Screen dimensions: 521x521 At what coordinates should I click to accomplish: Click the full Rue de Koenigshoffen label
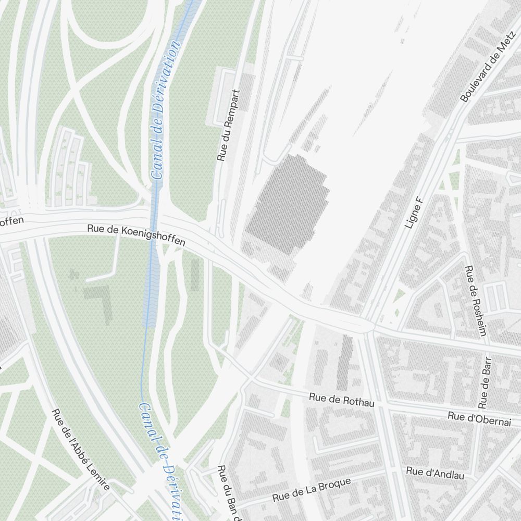point(136,235)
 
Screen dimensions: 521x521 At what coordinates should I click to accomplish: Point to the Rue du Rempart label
point(229,126)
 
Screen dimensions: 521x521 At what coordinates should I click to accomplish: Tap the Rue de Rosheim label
point(475,301)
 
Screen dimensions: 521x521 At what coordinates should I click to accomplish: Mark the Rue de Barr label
point(485,382)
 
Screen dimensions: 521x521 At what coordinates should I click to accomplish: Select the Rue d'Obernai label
point(479,419)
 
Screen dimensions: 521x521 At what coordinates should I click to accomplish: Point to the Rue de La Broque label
point(312,490)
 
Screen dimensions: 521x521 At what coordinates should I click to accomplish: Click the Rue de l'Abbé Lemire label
point(81,450)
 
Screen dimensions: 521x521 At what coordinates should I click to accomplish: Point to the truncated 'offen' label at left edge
point(11,221)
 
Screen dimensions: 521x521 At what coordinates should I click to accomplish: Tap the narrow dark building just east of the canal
point(195,275)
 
